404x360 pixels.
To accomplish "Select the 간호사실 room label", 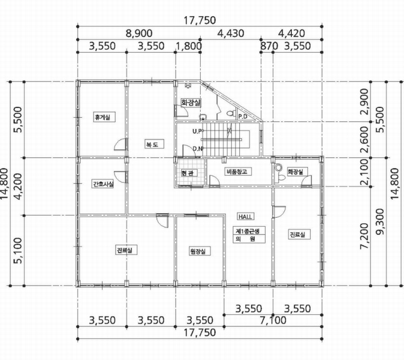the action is coord(103,184).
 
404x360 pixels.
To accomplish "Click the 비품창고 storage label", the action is coord(237,172).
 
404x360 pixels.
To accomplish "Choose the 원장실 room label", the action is coord(198,251).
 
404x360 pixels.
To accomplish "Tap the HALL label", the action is coord(245,217).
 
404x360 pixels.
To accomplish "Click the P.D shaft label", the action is coord(242,116).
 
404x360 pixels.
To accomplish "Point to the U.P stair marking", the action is coord(197,131).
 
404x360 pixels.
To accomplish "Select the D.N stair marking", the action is coord(197,149).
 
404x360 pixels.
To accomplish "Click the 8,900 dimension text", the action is coord(139,33).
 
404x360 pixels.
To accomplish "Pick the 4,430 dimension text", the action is coord(231,33).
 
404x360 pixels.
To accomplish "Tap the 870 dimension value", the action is coord(269,46).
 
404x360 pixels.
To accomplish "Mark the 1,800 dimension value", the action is coord(189,46).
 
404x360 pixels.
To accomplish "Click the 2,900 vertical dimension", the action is coord(364,101).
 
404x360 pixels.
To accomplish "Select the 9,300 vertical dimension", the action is coord(380,221).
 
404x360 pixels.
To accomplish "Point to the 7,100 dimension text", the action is coord(273,320).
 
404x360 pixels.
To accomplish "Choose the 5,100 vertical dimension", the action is coord(19,250).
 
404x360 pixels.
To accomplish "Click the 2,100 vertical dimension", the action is coord(364,172).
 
